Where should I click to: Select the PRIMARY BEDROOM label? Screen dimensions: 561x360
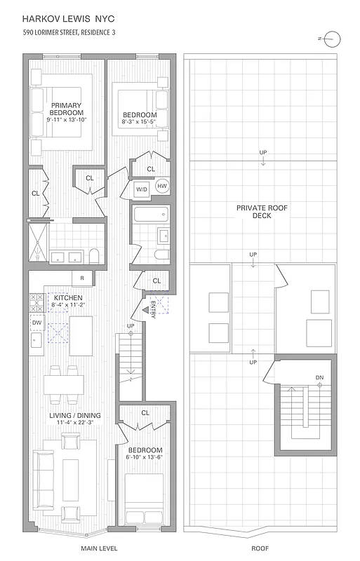click(67, 109)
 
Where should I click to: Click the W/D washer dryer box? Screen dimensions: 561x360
click(141, 189)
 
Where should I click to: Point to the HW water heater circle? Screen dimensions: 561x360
click(161, 186)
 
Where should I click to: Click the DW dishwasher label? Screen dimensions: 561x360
click(37, 323)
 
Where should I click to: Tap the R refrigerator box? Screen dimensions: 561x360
click(82, 278)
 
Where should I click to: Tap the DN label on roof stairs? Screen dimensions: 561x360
click(319, 378)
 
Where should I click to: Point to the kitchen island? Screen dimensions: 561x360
click(81, 330)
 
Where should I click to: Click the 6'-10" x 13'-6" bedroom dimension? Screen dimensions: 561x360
click(146, 459)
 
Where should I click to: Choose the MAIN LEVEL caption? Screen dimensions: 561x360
click(99, 548)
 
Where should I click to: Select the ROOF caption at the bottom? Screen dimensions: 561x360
click(259, 548)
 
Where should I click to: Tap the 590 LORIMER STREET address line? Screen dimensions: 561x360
click(69, 32)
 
